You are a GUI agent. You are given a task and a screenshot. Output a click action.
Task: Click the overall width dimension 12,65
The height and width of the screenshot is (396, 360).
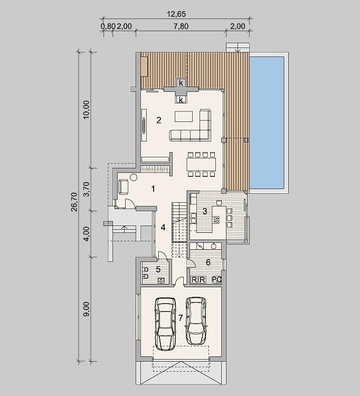176,14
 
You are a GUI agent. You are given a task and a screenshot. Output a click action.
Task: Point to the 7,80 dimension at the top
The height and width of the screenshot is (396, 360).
181,26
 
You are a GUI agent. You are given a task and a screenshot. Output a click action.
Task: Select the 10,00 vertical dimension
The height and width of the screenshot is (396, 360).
86,110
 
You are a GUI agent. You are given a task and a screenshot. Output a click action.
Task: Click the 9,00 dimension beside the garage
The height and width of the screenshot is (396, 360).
86,309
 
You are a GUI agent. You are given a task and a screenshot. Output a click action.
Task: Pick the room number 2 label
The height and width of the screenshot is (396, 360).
158,120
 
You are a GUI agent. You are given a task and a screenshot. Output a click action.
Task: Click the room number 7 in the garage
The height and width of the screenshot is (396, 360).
181,318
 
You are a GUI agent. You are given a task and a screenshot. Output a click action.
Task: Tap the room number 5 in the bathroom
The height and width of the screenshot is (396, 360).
158,269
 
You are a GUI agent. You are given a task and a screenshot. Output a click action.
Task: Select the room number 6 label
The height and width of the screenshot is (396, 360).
208,262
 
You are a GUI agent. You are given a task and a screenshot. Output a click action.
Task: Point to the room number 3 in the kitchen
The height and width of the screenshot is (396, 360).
205,211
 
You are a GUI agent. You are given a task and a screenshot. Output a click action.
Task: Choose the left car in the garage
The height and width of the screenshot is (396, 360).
165,324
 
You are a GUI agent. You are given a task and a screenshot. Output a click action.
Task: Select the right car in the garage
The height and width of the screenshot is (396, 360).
196,320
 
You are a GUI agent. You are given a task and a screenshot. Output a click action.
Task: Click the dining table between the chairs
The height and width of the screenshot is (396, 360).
202,164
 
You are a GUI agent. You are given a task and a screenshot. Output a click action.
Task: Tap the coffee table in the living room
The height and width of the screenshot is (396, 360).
184,117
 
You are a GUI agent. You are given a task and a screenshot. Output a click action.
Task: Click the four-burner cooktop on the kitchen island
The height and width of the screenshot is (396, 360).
216,220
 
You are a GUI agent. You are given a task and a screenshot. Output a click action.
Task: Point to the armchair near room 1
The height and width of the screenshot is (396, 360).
123,186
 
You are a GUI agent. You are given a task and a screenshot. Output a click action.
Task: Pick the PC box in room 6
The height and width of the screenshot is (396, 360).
216,279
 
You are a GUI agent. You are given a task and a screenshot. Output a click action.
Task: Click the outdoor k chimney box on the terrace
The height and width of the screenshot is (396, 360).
181,82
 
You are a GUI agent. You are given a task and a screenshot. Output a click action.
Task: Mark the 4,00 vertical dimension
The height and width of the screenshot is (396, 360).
86,234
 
